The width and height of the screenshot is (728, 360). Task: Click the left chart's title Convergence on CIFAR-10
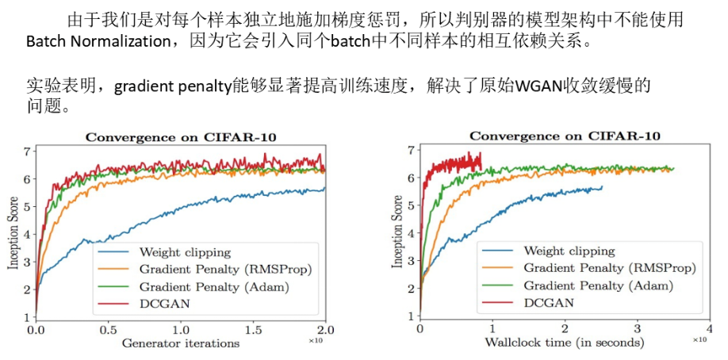(x=181, y=136)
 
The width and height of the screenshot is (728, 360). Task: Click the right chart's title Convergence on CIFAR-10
(x=565, y=136)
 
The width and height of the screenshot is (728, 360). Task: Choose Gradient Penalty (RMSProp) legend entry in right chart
(x=608, y=268)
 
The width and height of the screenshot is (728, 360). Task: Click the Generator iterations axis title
(x=180, y=343)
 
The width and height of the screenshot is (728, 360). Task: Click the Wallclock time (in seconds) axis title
(x=565, y=343)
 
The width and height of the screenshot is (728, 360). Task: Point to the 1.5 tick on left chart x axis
(x=254, y=328)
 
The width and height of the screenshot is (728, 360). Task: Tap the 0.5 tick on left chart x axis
(x=108, y=328)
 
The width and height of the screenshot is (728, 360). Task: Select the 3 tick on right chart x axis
(x=637, y=327)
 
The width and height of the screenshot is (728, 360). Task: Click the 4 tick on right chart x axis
(x=710, y=327)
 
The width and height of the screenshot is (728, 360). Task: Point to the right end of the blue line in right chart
(x=602, y=187)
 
